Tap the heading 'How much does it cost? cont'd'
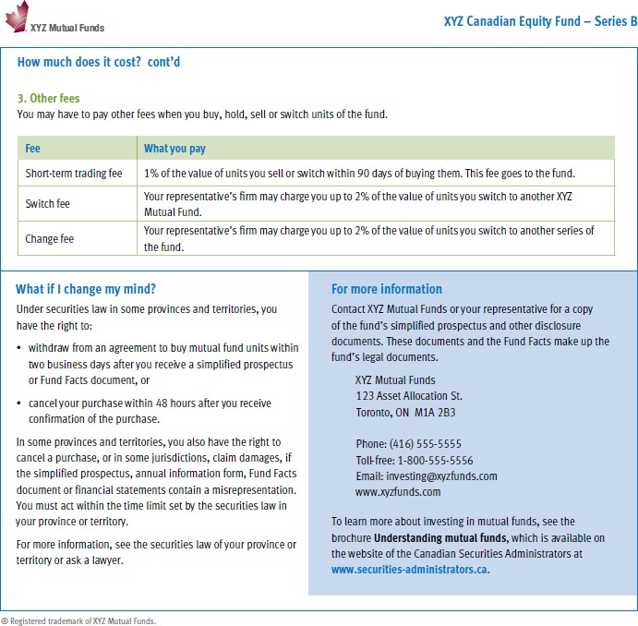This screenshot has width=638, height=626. (x=105, y=63)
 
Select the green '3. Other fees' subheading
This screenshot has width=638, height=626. (x=48, y=99)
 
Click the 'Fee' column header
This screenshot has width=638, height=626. (x=32, y=148)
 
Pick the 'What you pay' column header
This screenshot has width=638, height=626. (x=175, y=148)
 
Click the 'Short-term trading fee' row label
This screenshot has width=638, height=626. (x=73, y=174)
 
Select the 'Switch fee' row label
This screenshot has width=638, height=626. (x=47, y=204)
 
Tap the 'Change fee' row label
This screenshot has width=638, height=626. (x=49, y=239)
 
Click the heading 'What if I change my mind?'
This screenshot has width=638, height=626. (x=86, y=289)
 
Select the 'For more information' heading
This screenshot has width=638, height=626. (x=387, y=289)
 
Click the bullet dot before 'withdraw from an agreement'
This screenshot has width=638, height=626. (x=19, y=348)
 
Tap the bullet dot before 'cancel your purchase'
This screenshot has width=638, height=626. (x=19, y=403)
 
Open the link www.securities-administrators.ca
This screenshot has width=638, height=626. (x=410, y=570)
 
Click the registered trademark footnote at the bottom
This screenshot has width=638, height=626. (x=78, y=620)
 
